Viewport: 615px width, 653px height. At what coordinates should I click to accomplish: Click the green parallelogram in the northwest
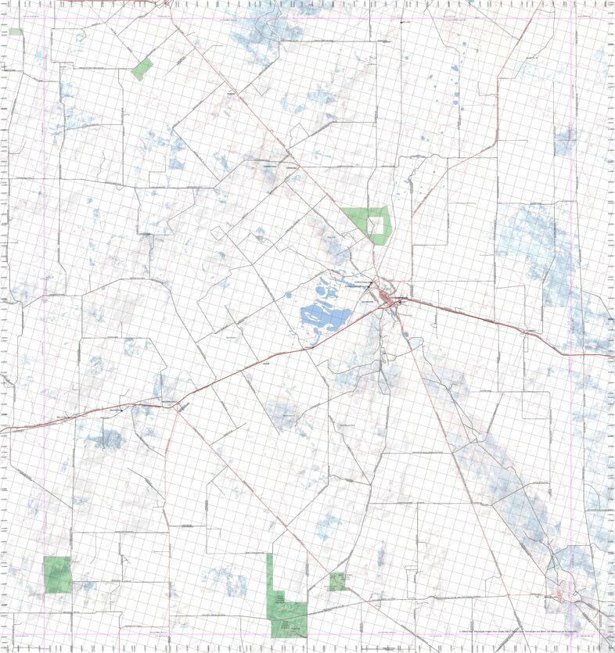click(142, 69)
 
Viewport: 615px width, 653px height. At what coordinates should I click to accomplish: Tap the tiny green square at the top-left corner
click(16, 31)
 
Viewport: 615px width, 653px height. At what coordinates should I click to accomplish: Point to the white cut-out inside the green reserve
click(378, 225)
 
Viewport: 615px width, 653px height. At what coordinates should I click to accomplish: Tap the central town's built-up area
click(388, 297)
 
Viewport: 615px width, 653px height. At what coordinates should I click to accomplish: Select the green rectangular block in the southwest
click(57, 574)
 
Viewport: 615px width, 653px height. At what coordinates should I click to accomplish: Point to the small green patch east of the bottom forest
click(338, 580)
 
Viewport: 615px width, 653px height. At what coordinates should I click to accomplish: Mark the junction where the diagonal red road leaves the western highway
click(177, 405)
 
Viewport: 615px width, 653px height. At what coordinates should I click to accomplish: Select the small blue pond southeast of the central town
click(408, 336)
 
